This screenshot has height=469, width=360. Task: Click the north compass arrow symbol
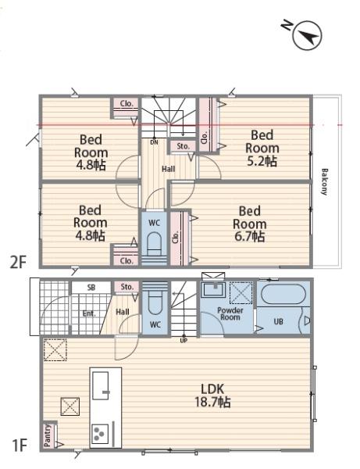click(307, 35)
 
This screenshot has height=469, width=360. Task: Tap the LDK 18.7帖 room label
click(212, 396)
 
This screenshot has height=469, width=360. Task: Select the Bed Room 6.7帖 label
click(249, 224)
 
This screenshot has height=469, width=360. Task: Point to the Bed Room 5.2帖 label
click(262, 148)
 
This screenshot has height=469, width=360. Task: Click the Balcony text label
click(324, 182)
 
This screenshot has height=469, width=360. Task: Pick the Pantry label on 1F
click(47, 435)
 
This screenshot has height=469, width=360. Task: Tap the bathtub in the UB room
click(283, 294)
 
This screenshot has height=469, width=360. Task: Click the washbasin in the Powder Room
click(213, 289)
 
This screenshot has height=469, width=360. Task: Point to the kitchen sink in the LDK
click(101, 385)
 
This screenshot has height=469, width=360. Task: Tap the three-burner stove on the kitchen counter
click(100, 433)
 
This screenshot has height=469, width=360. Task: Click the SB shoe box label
click(91, 288)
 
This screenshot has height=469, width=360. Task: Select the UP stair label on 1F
click(184, 340)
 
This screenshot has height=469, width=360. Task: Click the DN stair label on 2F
click(154, 142)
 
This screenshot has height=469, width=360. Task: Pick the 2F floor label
click(18, 263)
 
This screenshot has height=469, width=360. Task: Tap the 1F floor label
click(20, 445)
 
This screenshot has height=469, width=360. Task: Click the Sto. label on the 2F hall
click(183, 146)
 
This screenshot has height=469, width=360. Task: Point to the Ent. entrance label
click(89, 313)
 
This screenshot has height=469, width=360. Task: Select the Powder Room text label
click(230, 313)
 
